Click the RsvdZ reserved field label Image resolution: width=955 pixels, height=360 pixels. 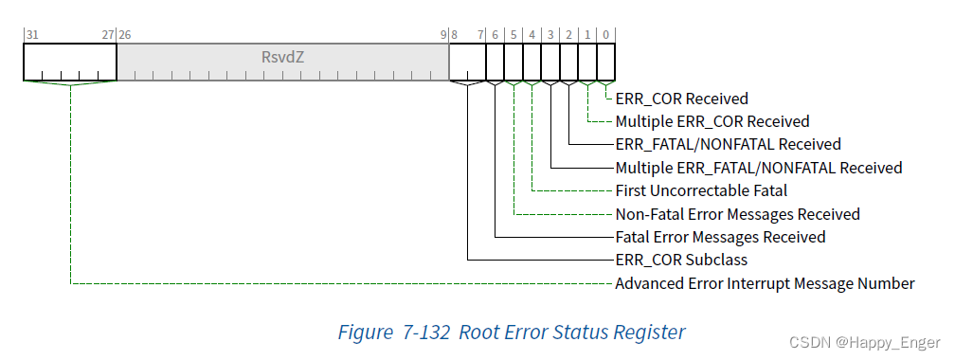click(x=282, y=57)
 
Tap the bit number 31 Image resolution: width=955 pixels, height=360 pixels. click(x=32, y=34)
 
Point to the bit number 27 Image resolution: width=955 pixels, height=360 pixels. click(x=108, y=34)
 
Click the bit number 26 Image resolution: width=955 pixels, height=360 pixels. click(x=125, y=34)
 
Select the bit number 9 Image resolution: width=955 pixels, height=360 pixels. click(x=442, y=34)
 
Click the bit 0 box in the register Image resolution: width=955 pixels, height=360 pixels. click(x=605, y=63)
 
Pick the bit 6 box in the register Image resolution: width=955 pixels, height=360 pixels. click(x=495, y=63)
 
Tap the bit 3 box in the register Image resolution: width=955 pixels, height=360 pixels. click(x=550, y=63)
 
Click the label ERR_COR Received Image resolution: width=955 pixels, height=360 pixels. click(x=681, y=99)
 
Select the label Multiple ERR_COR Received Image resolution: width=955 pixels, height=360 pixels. click(x=712, y=121)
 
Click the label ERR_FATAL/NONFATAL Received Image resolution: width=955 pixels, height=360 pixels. click(x=728, y=145)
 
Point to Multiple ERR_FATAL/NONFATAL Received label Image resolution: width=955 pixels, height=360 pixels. click(x=758, y=168)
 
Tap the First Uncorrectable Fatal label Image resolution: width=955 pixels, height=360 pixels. click(x=701, y=191)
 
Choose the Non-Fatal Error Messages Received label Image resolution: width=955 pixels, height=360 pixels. click(x=737, y=214)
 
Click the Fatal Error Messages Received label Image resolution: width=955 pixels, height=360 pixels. click(x=720, y=238)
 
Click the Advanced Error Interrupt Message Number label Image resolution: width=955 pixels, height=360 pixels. click(x=765, y=284)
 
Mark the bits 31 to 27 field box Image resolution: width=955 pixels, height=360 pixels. click(x=69, y=63)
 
